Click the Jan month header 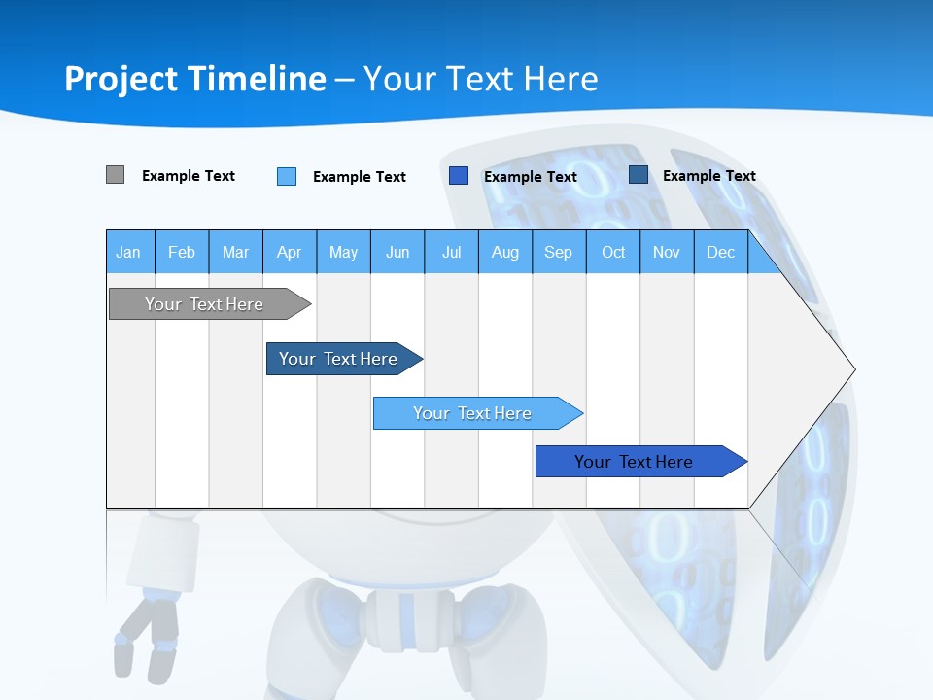coord(128,252)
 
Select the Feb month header coord(182,252)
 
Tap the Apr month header coord(289,252)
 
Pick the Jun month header coord(397,252)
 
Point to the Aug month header coord(505,252)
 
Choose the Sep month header coord(558,252)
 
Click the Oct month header coord(613,252)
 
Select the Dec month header coord(720,252)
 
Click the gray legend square coord(116,175)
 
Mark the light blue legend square coord(287,176)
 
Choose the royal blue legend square coord(459,176)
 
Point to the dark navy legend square coord(639,175)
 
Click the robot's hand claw coord(146,637)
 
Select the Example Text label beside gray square coord(189,176)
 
